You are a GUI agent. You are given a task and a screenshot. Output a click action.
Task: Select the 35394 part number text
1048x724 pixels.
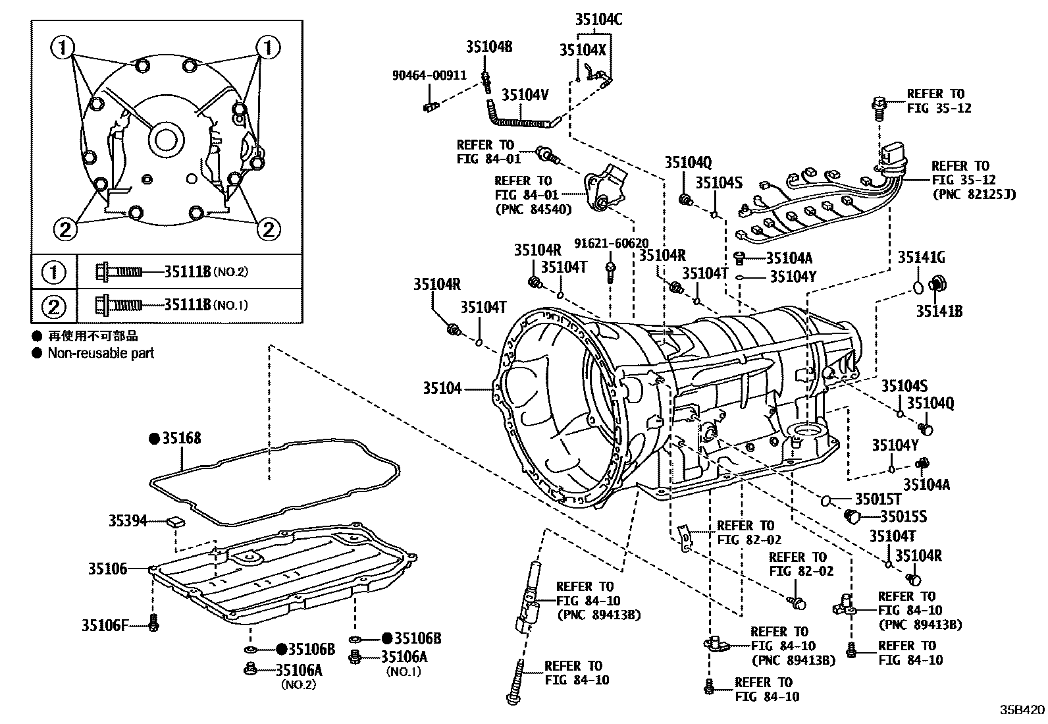click(128, 521)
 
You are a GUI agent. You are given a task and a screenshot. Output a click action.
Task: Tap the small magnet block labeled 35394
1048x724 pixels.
click(176, 522)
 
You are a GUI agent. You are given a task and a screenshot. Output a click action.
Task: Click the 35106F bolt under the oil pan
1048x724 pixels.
click(153, 622)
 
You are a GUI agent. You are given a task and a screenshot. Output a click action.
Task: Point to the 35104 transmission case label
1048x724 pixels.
click(442, 389)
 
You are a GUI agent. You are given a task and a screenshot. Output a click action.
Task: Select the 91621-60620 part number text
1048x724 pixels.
click(611, 243)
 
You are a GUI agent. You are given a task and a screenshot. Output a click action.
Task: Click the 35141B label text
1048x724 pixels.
click(939, 311)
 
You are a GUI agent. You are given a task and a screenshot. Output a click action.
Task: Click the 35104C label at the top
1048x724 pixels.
click(598, 19)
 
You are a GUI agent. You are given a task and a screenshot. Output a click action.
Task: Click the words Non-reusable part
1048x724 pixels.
click(101, 353)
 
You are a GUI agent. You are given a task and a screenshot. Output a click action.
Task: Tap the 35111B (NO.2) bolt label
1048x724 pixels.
click(205, 271)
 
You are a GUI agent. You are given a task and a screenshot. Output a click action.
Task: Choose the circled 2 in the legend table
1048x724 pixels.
click(54, 306)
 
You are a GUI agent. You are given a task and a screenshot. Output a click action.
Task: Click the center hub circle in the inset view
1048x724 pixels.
click(164, 140)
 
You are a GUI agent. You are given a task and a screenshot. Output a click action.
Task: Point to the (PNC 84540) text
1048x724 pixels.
click(533, 209)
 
